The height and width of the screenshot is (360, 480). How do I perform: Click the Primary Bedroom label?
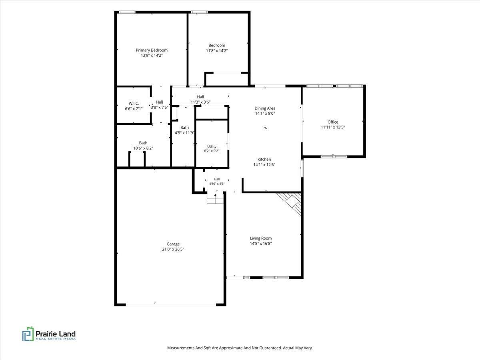tap(152, 50)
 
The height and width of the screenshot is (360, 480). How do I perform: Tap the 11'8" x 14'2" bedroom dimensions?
tap(217, 51)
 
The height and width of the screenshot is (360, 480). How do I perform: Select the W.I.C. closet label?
tap(134, 103)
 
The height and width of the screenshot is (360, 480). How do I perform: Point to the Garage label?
tap(173, 244)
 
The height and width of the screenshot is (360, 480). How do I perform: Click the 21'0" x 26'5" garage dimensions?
tap(173, 249)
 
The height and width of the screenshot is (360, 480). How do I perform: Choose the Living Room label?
tap(261, 238)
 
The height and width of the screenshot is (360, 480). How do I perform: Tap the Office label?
tap(333, 122)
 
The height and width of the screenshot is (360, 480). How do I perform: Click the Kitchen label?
tap(264, 159)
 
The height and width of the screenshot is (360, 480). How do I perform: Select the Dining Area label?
tap(265, 108)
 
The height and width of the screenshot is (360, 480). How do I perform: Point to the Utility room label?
tap(212, 146)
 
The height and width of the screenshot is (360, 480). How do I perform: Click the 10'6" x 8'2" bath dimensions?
tap(143, 148)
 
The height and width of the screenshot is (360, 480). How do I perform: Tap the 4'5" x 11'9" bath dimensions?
tap(184, 133)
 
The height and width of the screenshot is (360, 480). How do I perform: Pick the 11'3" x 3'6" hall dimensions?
tap(200, 102)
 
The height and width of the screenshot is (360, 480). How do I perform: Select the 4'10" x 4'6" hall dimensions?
tap(217, 184)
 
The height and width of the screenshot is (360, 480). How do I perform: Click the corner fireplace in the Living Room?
tap(291, 202)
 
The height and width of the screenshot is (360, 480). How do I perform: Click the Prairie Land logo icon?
tap(28, 334)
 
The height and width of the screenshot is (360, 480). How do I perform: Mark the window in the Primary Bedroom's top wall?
tap(127, 12)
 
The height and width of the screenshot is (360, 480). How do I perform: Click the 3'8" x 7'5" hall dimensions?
tap(160, 108)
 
